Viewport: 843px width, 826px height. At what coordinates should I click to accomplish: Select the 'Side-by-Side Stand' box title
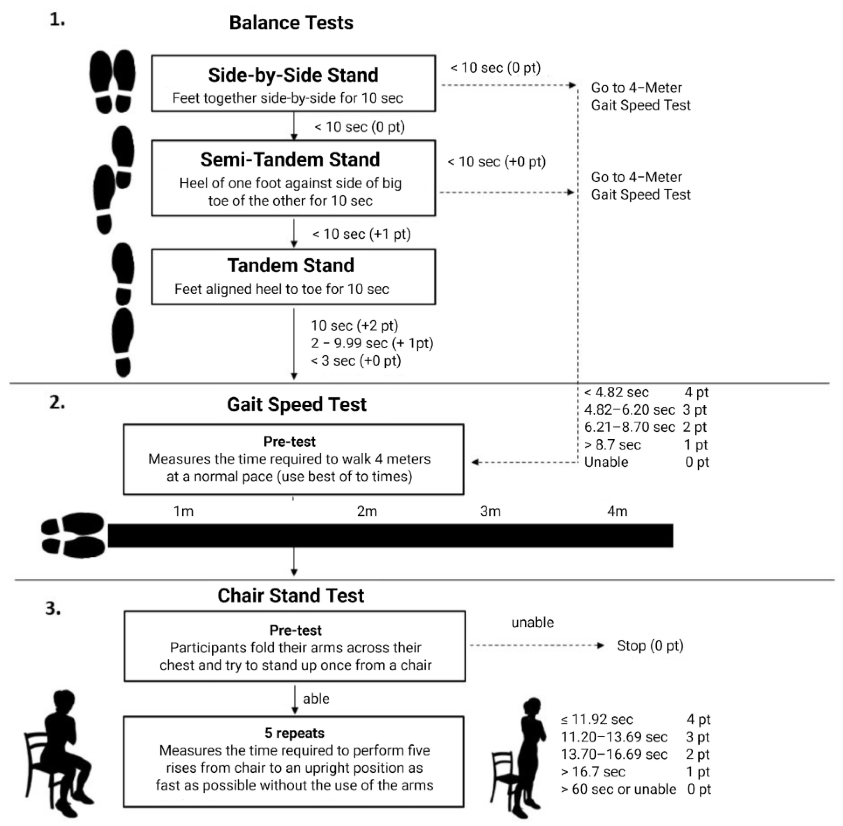pos(293,75)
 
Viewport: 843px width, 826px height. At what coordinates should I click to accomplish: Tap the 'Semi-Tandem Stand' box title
pos(290,160)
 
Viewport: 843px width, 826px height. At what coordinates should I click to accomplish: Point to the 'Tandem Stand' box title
pos(291,266)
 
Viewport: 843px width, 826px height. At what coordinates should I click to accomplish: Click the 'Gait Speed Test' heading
pos(297,404)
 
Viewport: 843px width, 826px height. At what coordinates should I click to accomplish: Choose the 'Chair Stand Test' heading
pos(290,596)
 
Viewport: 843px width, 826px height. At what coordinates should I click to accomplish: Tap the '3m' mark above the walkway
pos(490,512)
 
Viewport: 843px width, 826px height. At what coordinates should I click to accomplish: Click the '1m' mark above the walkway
pos(183,512)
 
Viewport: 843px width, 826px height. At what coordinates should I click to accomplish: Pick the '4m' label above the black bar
pos(617,512)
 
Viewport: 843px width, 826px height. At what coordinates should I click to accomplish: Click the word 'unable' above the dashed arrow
pos(532,622)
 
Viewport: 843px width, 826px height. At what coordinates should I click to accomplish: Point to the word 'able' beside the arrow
pos(316,699)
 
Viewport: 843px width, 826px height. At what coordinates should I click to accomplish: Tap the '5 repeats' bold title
pos(294,733)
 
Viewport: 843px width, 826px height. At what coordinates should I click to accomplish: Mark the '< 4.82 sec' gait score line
pos(616,392)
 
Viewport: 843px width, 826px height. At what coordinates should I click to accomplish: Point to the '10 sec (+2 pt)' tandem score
pos(354,326)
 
